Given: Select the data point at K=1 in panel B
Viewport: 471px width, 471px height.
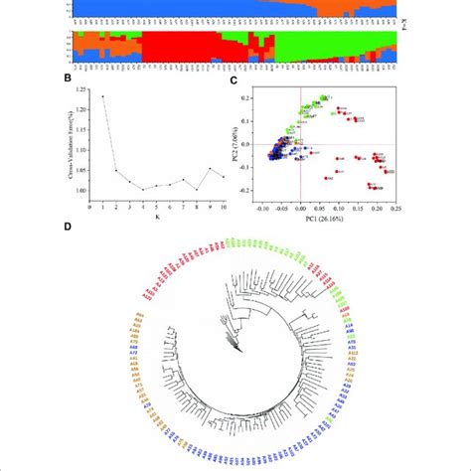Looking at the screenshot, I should pos(102,96).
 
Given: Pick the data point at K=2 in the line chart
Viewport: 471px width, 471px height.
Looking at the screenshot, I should pos(115,170).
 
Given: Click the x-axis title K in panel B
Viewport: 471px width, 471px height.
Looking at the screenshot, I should pos(156,219).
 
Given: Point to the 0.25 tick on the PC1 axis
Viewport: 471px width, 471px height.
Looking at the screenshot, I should pos(393,211).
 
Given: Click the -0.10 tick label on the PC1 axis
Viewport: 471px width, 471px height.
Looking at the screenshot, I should pos(263,211).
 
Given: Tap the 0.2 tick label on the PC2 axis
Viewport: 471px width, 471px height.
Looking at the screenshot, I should pos(249,97).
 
